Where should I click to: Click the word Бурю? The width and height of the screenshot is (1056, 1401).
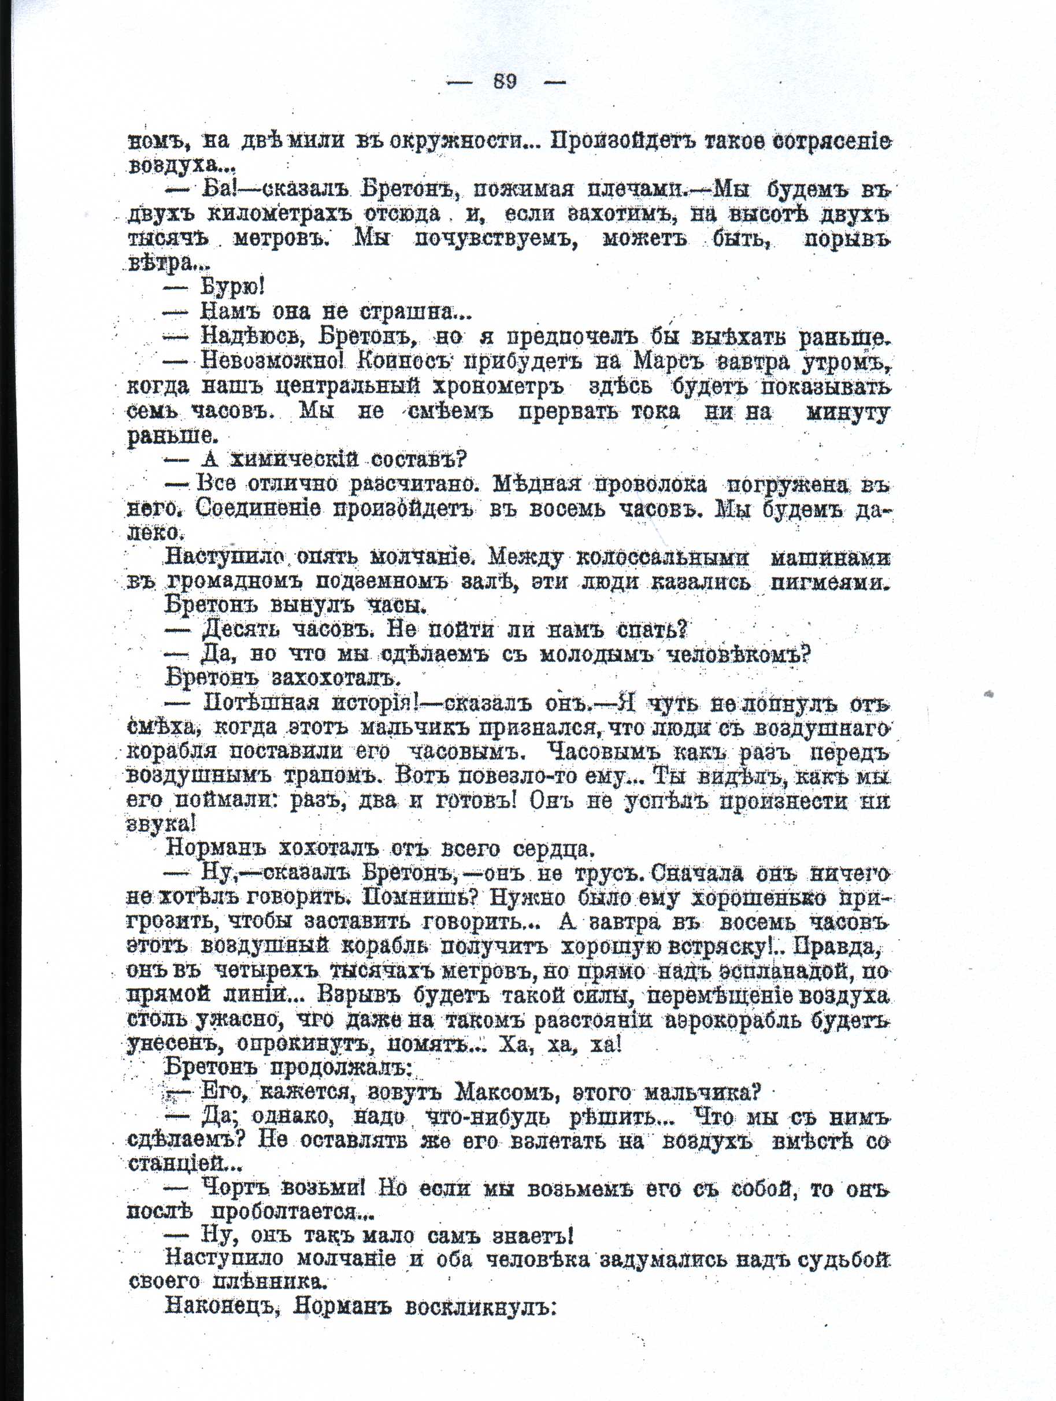point(232,287)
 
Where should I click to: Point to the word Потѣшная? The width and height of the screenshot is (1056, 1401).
point(262,703)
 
